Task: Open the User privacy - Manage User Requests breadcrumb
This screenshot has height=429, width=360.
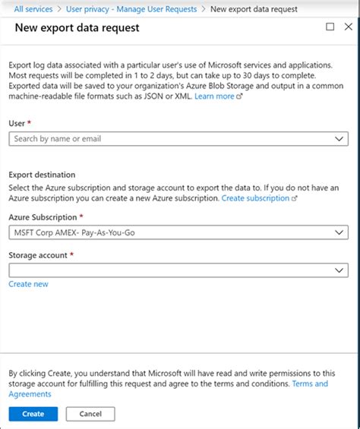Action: point(131,9)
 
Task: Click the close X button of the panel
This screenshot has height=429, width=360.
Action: point(349,27)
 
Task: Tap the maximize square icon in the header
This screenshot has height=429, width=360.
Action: point(330,27)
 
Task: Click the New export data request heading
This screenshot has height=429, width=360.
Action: point(77,28)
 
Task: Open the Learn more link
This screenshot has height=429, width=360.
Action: point(215,96)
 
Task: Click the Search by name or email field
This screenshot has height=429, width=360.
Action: point(167,139)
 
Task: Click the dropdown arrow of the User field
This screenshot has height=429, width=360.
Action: point(339,139)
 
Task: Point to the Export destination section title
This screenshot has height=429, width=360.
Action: point(42,174)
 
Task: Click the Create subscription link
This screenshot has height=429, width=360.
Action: point(255,197)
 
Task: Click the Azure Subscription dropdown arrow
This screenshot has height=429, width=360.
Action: point(339,233)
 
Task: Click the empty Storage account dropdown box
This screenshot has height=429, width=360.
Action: point(167,270)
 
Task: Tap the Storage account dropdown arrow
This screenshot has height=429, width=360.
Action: point(339,270)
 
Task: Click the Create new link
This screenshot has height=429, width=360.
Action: point(28,284)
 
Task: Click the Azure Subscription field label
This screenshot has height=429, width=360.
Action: point(43,217)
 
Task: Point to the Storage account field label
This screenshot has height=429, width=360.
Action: point(39,255)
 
